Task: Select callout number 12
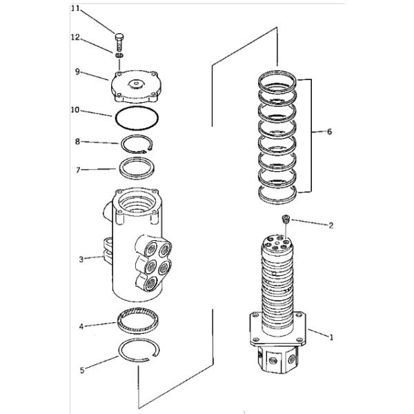click(x=76, y=39)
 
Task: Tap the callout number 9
click(x=79, y=70)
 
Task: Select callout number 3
click(x=81, y=259)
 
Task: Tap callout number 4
click(x=81, y=326)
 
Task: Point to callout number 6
click(x=330, y=131)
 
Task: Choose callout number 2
click(x=331, y=225)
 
